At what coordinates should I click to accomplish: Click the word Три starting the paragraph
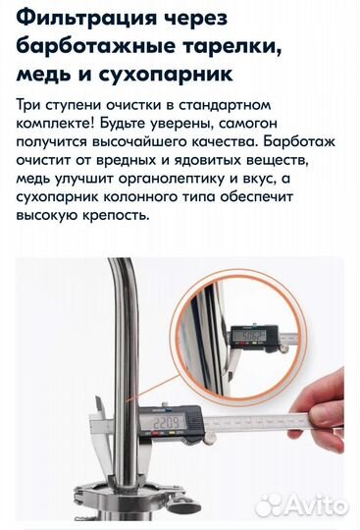28,105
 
